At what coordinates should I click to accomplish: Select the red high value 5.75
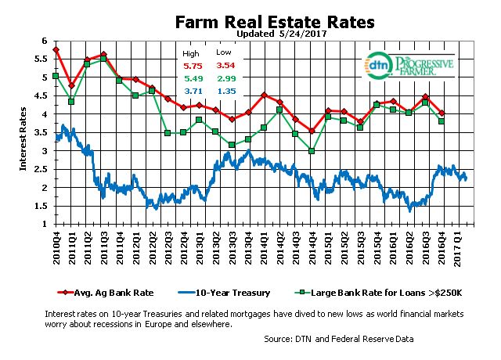click(193, 67)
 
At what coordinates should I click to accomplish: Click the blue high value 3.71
click(193, 92)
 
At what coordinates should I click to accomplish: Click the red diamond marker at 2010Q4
click(56, 49)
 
